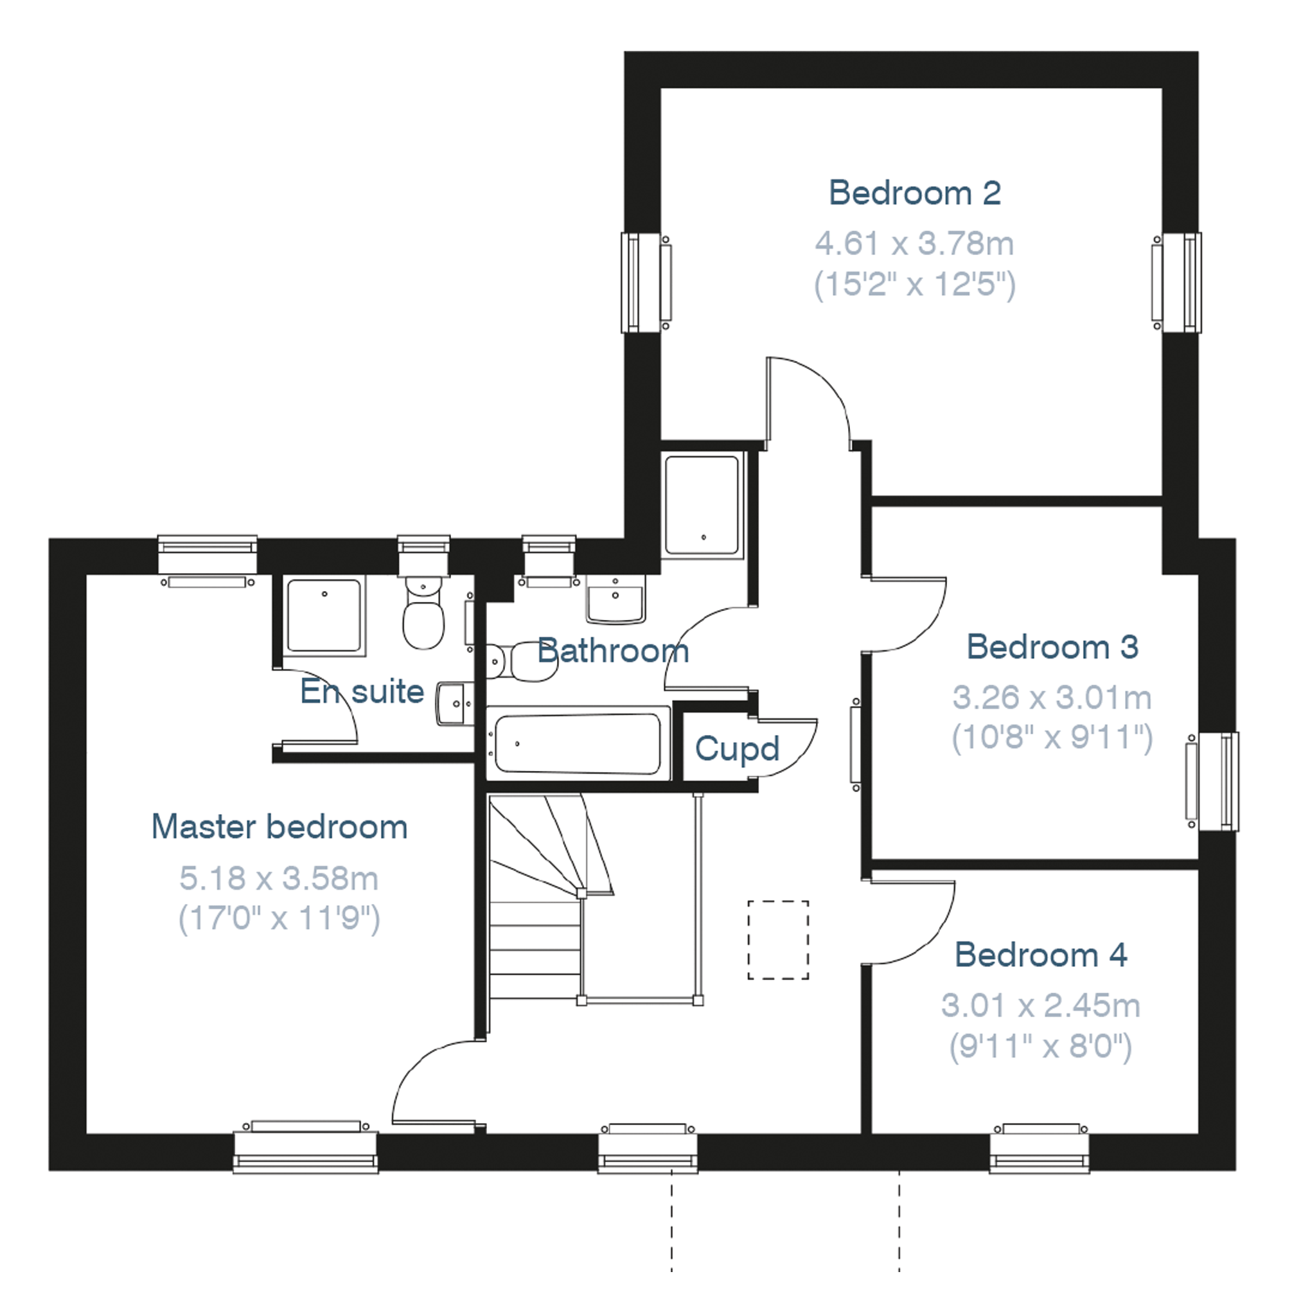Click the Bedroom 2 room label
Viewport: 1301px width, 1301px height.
(x=914, y=193)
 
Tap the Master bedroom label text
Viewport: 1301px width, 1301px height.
(x=279, y=827)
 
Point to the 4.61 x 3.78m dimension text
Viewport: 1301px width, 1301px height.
(x=914, y=243)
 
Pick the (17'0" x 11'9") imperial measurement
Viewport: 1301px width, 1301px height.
(x=279, y=918)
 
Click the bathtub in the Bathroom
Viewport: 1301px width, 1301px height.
(x=578, y=743)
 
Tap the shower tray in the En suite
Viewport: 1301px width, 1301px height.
(x=324, y=615)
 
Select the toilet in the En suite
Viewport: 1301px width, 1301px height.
(x=423, y=612)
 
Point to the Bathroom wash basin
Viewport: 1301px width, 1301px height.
(x=615, y=598)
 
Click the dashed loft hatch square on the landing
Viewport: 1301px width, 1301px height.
(x=778, y=939)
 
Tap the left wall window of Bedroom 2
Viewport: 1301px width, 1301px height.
(x=645, y=283)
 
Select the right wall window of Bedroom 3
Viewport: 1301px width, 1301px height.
(x=1213, y=782)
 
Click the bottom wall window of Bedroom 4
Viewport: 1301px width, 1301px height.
(x=1040, y=1148)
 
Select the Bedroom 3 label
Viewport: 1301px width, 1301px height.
(x=1052, y=647)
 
